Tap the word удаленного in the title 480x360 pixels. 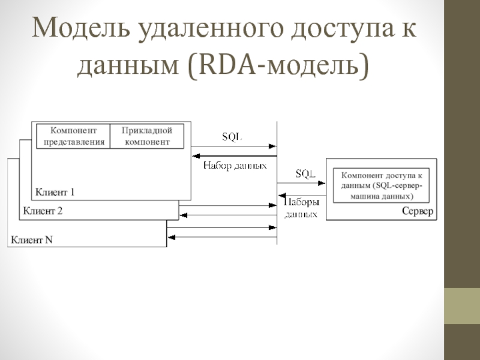coord(205,29)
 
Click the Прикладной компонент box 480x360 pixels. coord(146,136)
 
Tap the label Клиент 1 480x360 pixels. coord(55,193)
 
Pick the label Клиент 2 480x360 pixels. coord(43,211)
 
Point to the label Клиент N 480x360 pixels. coord(31,240)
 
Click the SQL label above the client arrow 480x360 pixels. coord(232,136)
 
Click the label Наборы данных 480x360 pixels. coord(301,208)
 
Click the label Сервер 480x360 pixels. coord(417,212)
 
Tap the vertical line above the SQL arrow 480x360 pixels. coord(277,132)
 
